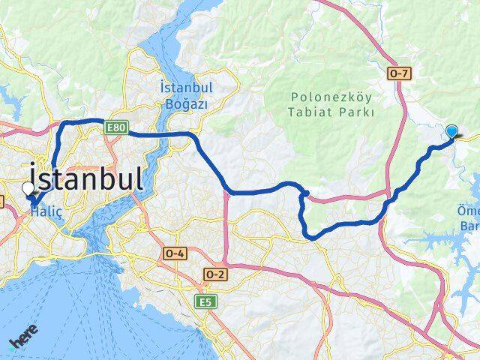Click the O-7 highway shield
coord(398,73)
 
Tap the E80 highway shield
coord(115,128)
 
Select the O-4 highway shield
coord(175,254)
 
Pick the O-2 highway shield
coord(214,274)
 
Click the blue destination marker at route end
coord(451,131)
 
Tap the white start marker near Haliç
coord(28,189)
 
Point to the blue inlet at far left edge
coord(6,94)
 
